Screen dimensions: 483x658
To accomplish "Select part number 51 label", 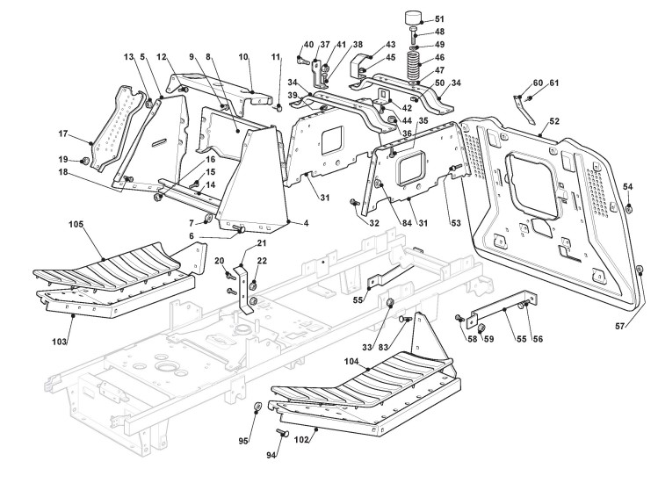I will (x=439, y=18).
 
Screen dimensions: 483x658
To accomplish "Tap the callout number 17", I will (x=63, y=133).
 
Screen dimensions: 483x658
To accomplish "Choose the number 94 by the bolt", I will (x=271, y=455).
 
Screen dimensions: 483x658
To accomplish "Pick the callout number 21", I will (x=261, y=242).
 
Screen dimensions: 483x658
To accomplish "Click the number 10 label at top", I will (x=243, y=57).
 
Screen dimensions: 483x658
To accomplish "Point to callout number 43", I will (x=390, y=44).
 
